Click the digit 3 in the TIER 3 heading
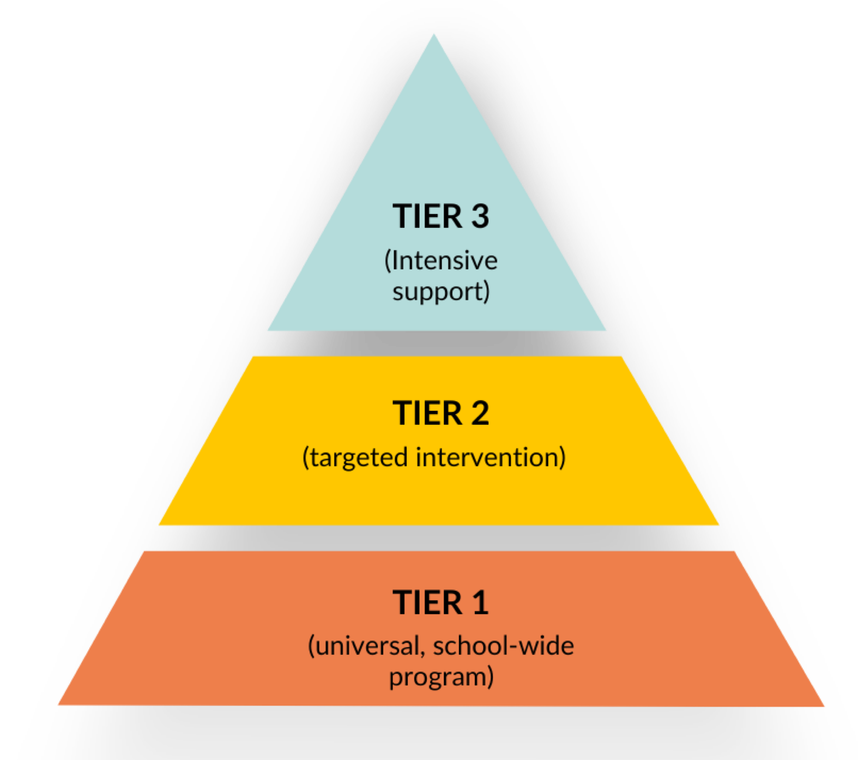tap(480, 216)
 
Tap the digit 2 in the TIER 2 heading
tap(480, 413)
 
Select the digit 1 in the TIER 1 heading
tap(480, 603)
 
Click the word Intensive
tap(444, 261)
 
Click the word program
tap(438, 678)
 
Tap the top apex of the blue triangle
tap(434, 34)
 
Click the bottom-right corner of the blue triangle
tap(606, 330)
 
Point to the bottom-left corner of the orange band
tap(59, 705)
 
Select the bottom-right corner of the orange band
tap(824, 707)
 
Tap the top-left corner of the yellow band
tap(253, 357)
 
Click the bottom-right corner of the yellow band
tap(718, 524)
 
